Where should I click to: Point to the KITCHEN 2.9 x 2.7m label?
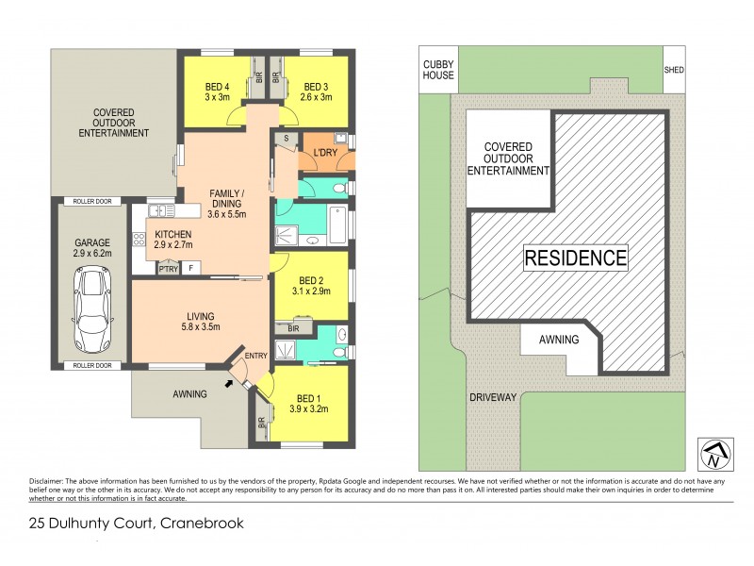[x=172, y=240]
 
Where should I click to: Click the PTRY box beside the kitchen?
[x=168, y=268]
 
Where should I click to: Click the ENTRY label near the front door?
[x=256, y=355]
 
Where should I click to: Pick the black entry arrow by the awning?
[x=232, y=383]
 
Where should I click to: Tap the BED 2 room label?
[x=311, y=286]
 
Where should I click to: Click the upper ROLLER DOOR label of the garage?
[x=92, y=201]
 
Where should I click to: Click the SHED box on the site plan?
[x=673, y=69]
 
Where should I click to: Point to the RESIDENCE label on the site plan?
[x=575, y=258]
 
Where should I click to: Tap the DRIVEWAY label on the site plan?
[x=492, y=397]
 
